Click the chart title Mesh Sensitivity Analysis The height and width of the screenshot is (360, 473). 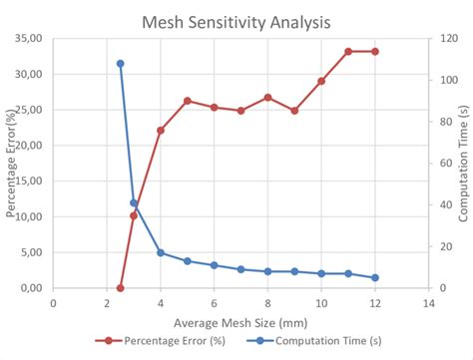coord(237,19)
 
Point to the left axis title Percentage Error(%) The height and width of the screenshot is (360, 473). coord(12,165)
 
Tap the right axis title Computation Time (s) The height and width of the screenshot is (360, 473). coord(463,165)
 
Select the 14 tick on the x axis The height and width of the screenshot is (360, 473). coord(429,304)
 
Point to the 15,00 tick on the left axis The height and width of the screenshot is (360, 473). coord(27,180)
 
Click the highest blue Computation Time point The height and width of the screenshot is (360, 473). coord(120,63)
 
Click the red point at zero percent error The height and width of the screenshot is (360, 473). coord(120,288)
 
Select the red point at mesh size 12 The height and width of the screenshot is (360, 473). coord(375,51)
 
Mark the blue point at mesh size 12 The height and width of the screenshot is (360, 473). coord(375,278)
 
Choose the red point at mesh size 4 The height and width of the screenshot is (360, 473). coord(161,131)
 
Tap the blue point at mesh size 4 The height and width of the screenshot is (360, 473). coord(161,252)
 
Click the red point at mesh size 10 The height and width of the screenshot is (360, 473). coord(321,81)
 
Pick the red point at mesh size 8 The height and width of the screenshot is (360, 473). coord(267,98)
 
